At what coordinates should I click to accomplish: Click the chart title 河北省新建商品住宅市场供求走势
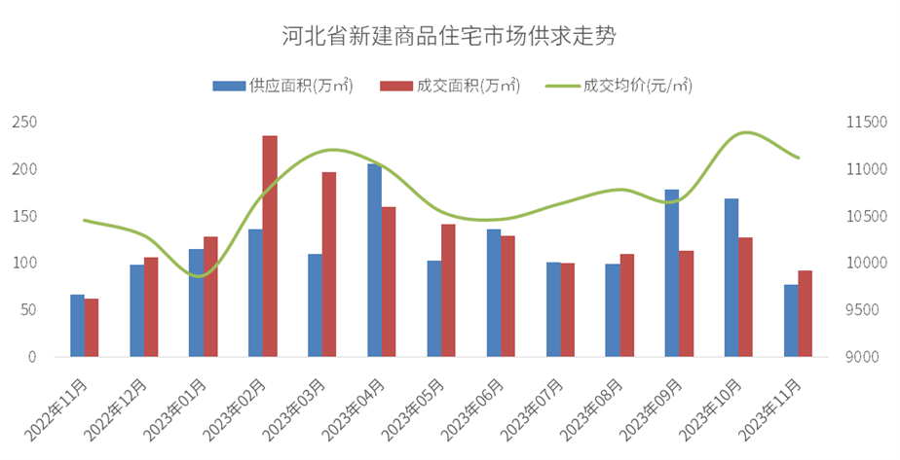449,37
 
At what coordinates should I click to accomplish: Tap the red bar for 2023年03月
329,265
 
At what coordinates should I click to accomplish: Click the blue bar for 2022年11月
77,325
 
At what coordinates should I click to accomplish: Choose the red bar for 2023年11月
805,313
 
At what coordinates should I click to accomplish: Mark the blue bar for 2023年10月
731,277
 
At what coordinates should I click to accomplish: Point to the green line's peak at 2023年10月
747,132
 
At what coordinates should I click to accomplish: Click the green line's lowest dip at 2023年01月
199,276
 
